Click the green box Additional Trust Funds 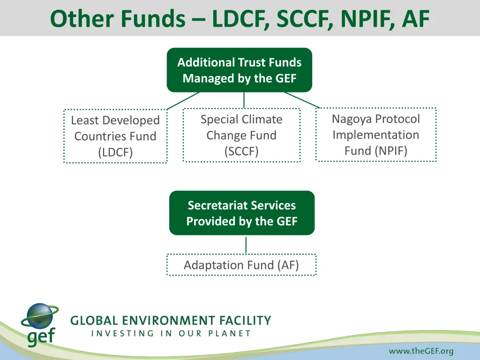(239, 70)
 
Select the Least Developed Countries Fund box (115, 136)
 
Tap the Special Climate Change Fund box (241, 135)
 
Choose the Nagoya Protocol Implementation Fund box (376, 135)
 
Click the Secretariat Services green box (241, 213)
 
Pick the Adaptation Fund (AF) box (241, 265)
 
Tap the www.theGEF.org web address (421, 351)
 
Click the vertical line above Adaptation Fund (246, 245)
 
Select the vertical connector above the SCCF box (244, 100)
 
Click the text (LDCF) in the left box (115, 152)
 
